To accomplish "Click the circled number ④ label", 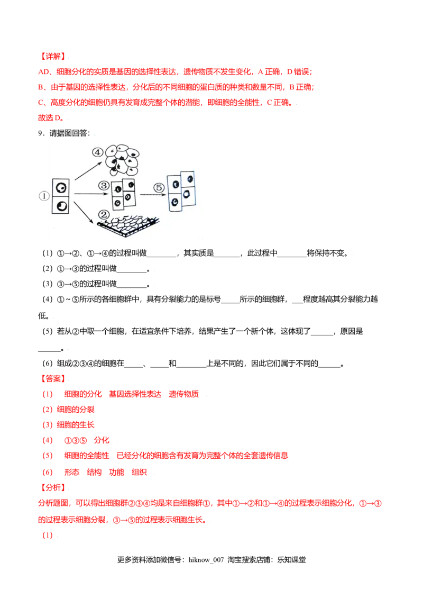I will tap(97, 152).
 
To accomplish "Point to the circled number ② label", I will tap(104, 214).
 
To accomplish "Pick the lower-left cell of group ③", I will tap(117, 202).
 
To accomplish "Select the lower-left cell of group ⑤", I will tap(174, 202).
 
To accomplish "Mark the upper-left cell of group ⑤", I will tap(174, 184).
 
